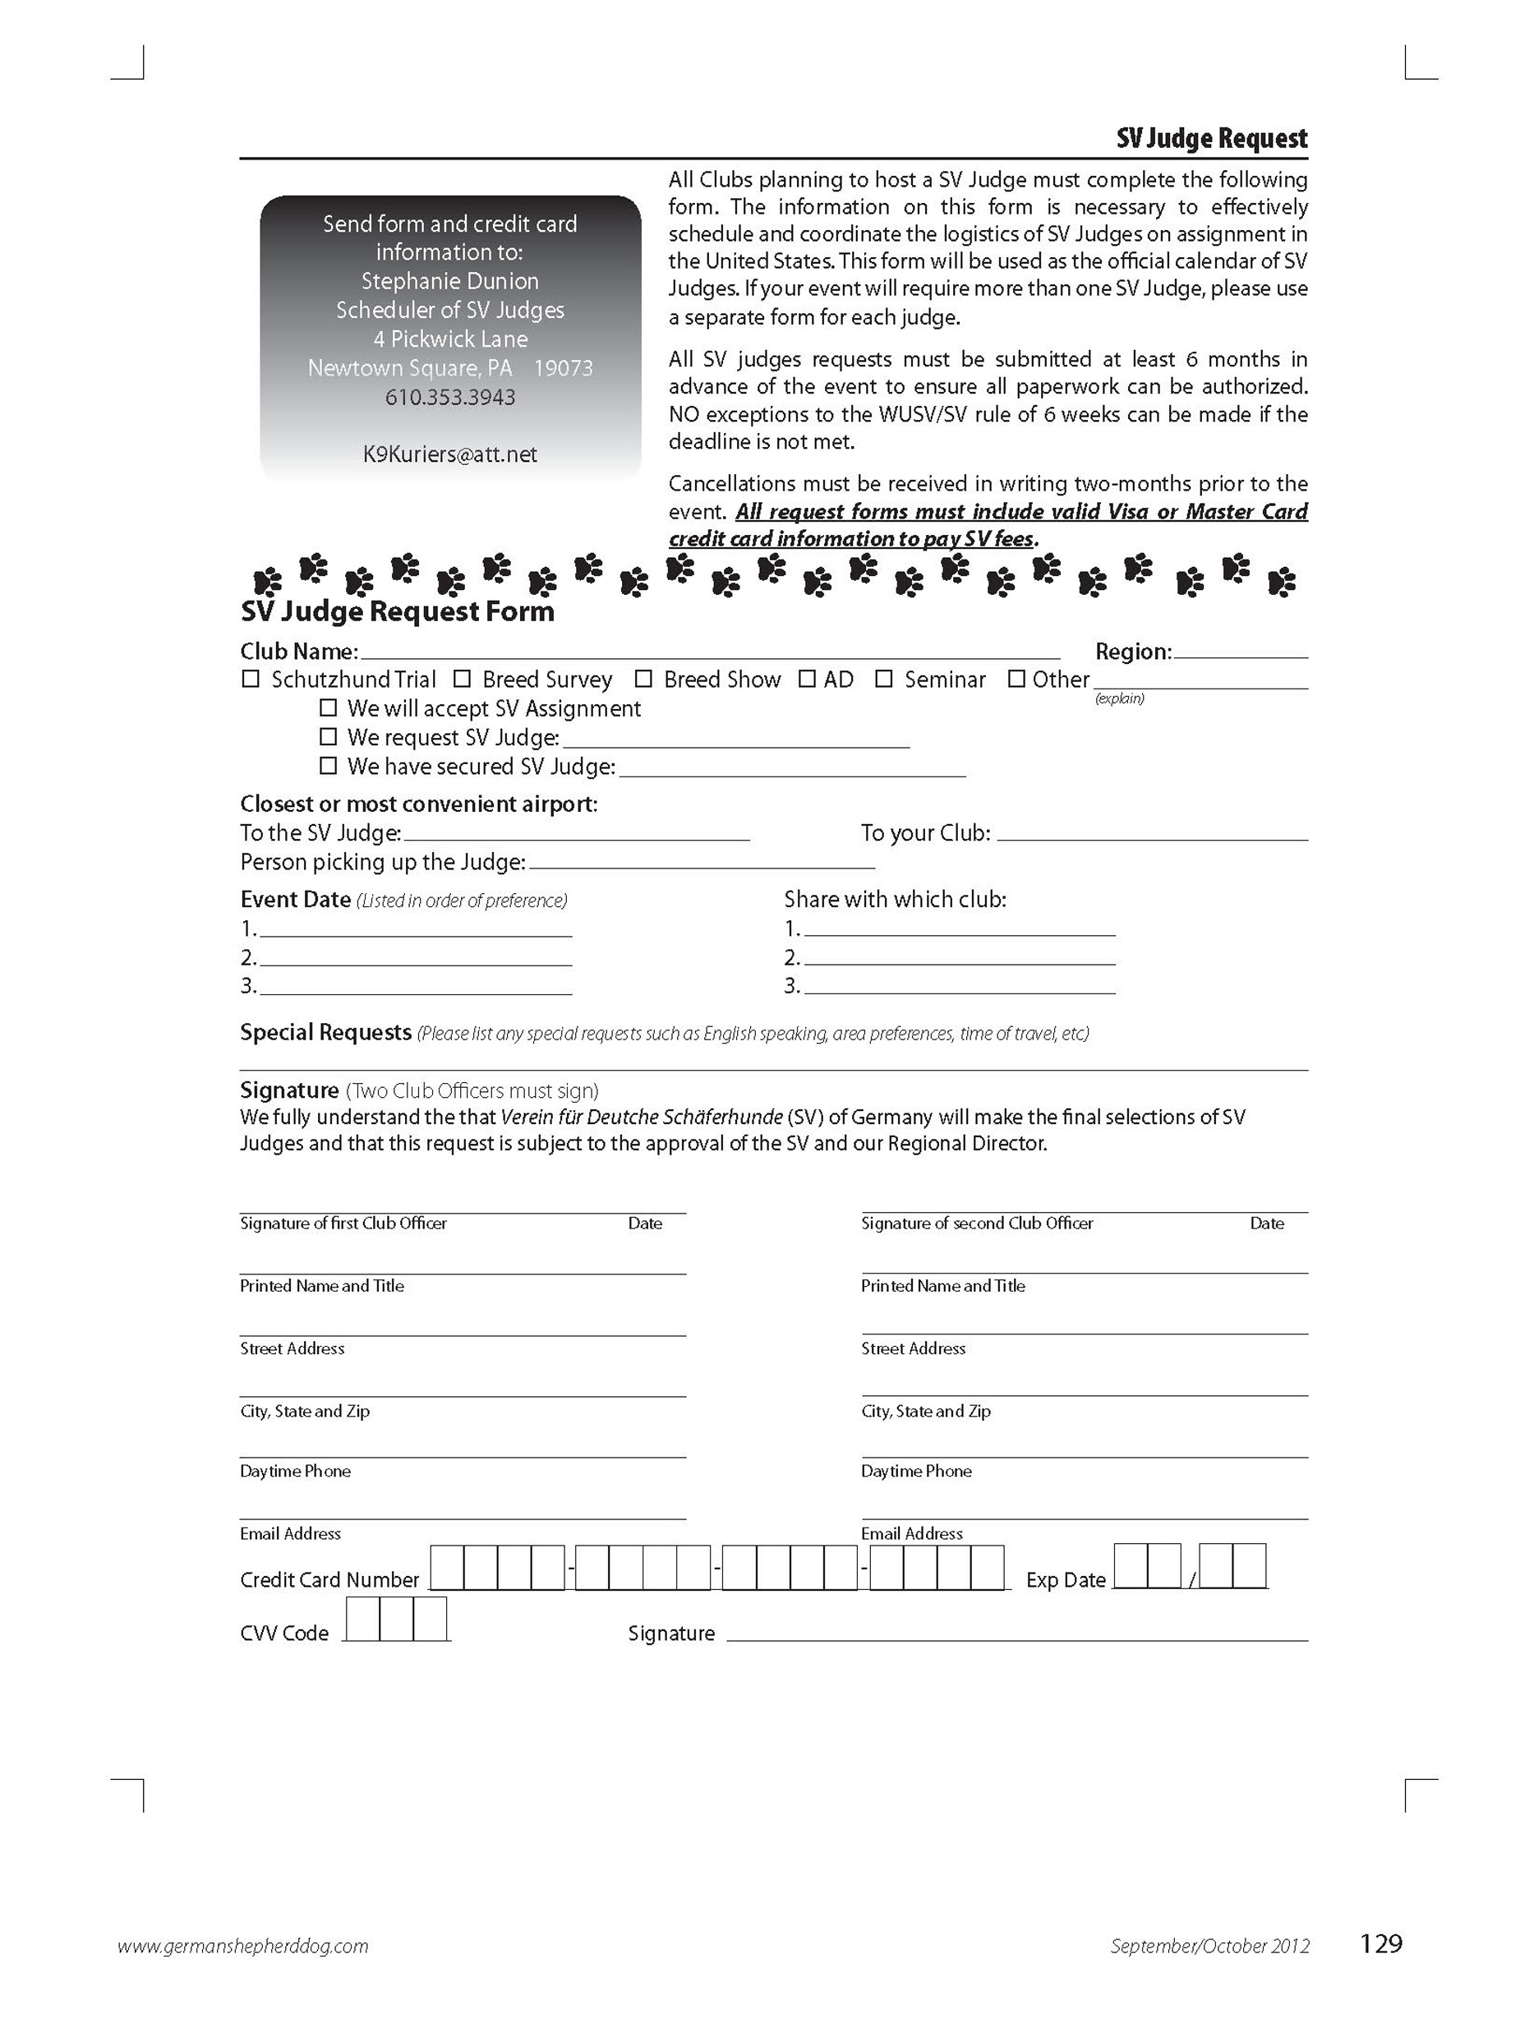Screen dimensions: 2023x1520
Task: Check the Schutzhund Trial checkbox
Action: (250, 680)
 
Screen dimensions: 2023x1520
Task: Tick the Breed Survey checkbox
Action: (462, 680)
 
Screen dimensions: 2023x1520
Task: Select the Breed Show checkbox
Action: (643, 680)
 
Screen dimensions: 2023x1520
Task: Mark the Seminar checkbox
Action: (883, 680)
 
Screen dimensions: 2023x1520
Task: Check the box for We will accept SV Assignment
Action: (329, 709)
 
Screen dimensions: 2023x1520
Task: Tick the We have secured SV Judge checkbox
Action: (329, 767)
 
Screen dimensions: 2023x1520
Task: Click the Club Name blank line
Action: (709, 654)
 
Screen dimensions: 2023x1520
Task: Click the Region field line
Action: (1240, 654)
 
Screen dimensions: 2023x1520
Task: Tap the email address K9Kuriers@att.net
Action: (450, 454)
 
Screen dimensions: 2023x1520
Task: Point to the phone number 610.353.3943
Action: (450, 398)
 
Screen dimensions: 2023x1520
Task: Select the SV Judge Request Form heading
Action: (397, 612)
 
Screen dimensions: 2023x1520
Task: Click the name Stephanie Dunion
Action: (450, 281)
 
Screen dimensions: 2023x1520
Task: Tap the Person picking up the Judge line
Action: (702, 864)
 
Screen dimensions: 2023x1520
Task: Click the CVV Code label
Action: (284, 1634)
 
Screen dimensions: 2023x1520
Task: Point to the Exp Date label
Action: (1066, 1580)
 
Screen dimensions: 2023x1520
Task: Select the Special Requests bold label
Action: (325, 1033)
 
